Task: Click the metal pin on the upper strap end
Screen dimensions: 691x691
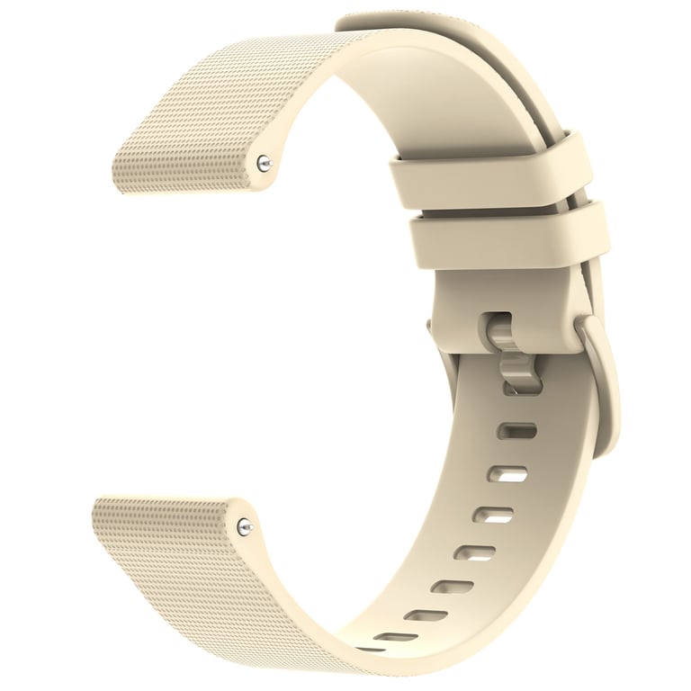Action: [262, 163]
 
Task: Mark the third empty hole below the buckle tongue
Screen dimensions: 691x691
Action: [493, 515]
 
